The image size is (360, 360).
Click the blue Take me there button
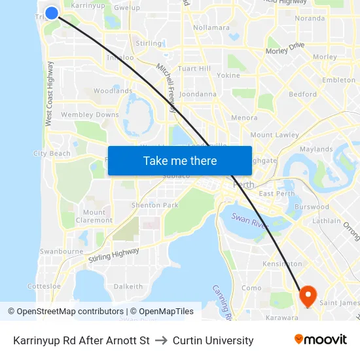[180, 160]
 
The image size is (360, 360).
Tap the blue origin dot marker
[52, 12]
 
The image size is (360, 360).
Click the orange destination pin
[308, 296]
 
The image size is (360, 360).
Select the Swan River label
[249, 225]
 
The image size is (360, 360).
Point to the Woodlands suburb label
[113, 91]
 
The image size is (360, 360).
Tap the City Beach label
[52, 154]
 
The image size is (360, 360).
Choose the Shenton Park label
[155, 205]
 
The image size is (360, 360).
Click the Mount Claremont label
[94, 216]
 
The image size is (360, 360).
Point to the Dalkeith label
[128, 287]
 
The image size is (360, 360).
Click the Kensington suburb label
[281, 263]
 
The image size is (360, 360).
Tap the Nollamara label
[211, 27]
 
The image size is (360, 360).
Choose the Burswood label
[312, 207]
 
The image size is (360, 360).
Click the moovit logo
[320, 340]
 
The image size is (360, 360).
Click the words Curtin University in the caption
[213, 340]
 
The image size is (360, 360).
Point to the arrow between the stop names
[161, 340]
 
